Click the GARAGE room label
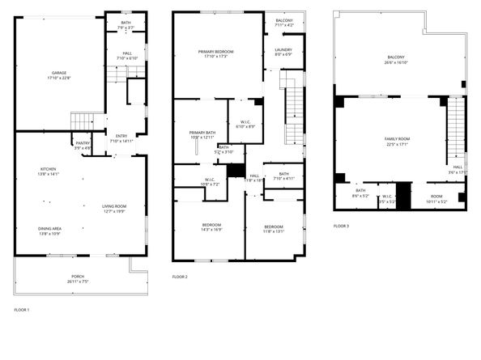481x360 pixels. tap(59, 73)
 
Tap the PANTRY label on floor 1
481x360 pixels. tap(83, 143)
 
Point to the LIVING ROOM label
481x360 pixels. tap(113, 206)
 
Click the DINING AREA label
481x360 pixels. tap(49, 229)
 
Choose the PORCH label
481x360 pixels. tap(78, 277)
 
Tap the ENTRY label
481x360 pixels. tap(121, 136)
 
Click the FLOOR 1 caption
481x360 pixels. tap(22, 310)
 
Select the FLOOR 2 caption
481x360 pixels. tap(180, 277)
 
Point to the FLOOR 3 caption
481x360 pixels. tap(341, 226)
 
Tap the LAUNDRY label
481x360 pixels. tap(283, 50)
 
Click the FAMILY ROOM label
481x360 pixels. tap(397, 139)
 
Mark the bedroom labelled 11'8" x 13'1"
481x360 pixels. tap(274, 227)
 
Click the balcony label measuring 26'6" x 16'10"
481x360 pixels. tap(396, 57)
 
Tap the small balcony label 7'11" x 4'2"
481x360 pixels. tap(283, 20)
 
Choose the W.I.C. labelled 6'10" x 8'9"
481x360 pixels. tap(245, 124)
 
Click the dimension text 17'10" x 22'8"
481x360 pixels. tap(59, 78)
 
